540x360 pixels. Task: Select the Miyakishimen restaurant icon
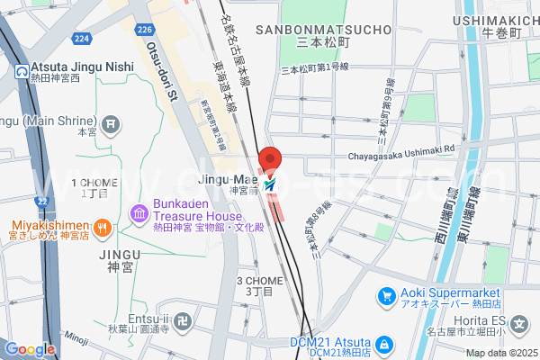click(103, 227)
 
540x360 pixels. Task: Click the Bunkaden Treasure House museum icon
click(139, 213)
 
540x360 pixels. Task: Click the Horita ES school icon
click(518, 323)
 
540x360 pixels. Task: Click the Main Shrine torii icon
click(111, 122)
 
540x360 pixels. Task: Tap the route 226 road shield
click(144, 31)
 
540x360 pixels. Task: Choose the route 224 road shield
click(83, 38)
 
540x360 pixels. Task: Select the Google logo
click(30, 348)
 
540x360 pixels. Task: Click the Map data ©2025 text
click(500, 353)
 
